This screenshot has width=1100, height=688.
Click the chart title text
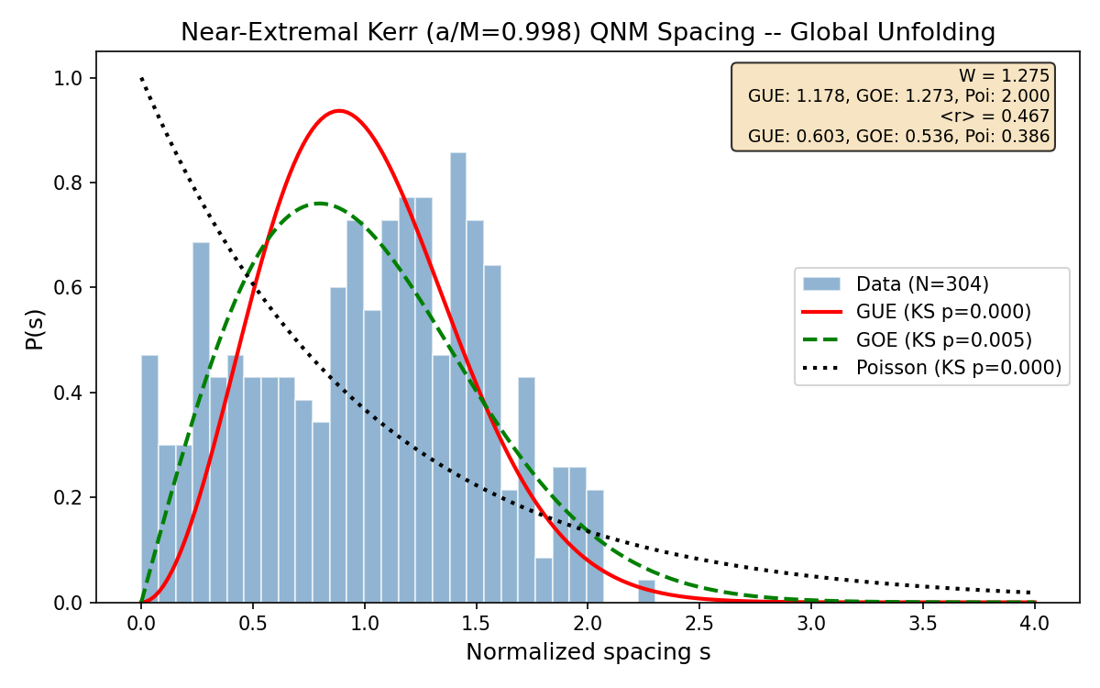tap(588, 32)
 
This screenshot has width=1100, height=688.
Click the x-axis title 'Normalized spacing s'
tap(588, 652)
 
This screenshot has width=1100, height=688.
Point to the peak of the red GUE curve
tap(339, 111)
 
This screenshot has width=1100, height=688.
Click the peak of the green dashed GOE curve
tap(319, 204)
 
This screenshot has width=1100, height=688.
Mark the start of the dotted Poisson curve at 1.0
tap(142, 79)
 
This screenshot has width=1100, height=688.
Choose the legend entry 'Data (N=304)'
tap(922, 283)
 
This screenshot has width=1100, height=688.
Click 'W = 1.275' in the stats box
tap(1004, 76)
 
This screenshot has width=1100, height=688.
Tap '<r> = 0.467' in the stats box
tap(995, 117)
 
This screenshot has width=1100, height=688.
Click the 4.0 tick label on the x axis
tap(1034, 623)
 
